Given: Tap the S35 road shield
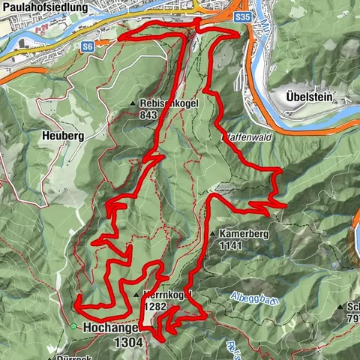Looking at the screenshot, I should point(241,14).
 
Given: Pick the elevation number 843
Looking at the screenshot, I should point(149,115).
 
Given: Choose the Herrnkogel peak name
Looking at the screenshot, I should point(169,295).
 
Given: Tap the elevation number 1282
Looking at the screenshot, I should point(157,306).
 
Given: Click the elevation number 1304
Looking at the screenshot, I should point(129,341).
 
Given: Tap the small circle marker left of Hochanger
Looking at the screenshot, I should point(73,327).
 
